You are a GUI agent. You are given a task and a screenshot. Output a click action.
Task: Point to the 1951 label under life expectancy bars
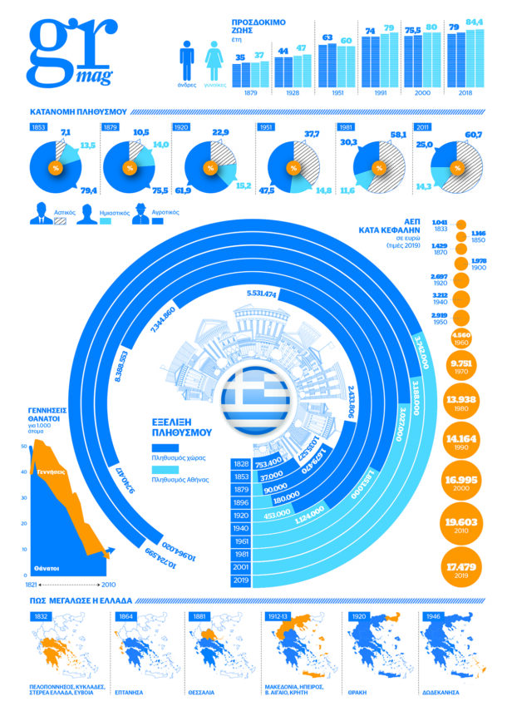(x=327, y=93)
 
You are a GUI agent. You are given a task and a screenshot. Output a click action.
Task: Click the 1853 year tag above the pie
(x=38, y=127)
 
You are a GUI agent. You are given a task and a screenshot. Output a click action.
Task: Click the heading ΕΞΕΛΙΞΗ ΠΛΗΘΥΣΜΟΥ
(x=183, y=427)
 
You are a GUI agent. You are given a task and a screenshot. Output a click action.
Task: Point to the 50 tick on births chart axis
(x=24, y=447)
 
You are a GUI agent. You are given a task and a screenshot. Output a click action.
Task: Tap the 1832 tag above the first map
(x=42, y=617)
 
